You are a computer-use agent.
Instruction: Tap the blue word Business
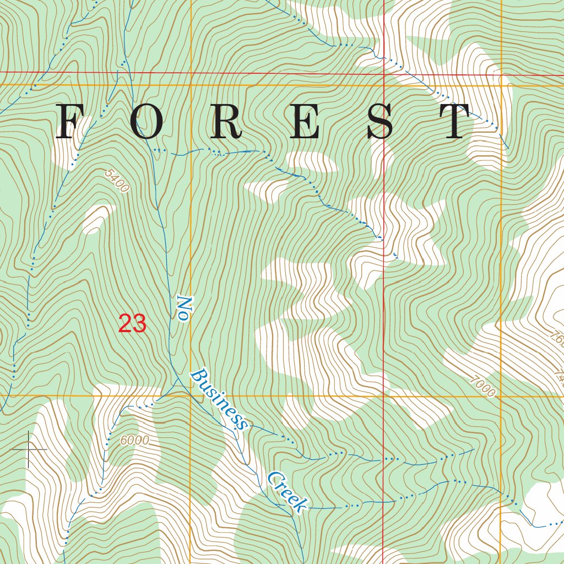pos(219,399)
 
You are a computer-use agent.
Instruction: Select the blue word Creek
pos(287,492)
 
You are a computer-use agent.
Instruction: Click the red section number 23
pos(133,324)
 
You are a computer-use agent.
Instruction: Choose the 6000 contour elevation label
pos(134,440)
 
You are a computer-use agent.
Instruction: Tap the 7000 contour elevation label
pos(483,386)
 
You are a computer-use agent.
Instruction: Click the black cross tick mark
pos(29,450)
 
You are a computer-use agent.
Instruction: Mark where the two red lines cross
pos(383,73)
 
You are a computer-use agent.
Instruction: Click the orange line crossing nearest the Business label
pos(191,395)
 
